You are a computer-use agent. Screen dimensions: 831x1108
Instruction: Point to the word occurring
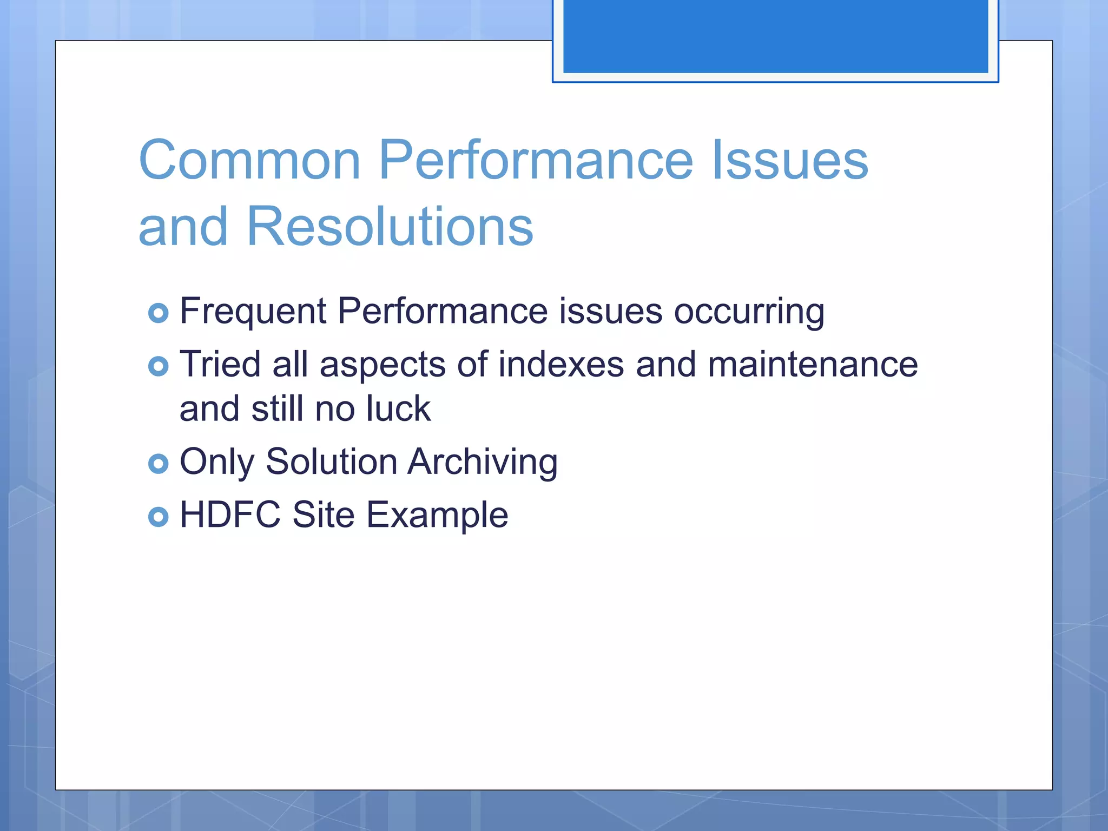749,312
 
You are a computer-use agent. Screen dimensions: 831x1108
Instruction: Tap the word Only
216,462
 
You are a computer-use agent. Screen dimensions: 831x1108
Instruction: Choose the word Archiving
482,462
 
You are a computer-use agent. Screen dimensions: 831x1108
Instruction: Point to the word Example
437,515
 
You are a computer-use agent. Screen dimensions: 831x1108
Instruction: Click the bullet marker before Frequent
158,313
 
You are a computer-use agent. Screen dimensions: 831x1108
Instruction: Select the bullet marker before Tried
158,366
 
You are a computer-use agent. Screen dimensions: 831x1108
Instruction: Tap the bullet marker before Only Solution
158,464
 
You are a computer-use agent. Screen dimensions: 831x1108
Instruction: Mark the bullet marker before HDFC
158,517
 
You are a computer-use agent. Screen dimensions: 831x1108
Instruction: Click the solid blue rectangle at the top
775,35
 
